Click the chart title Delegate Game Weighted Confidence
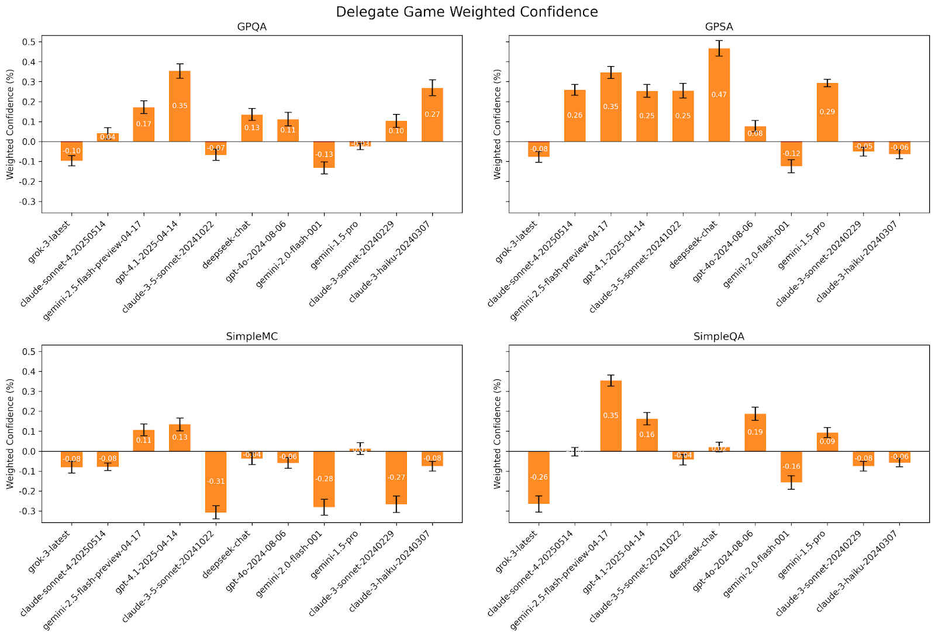[x=467, y=12]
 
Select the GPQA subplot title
[x=252, y=27]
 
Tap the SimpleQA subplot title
[x=719, y=337]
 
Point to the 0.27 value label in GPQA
[x=432, y=115]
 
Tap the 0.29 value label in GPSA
[x=827, y=112]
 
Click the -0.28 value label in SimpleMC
[x=324, y=479]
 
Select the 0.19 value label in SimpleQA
[x=755, y=432]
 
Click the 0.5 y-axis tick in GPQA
[x=28, y=42]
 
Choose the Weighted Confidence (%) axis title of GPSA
[x=498, y=124]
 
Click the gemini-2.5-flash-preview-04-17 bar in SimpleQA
[x=610, y=416]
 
